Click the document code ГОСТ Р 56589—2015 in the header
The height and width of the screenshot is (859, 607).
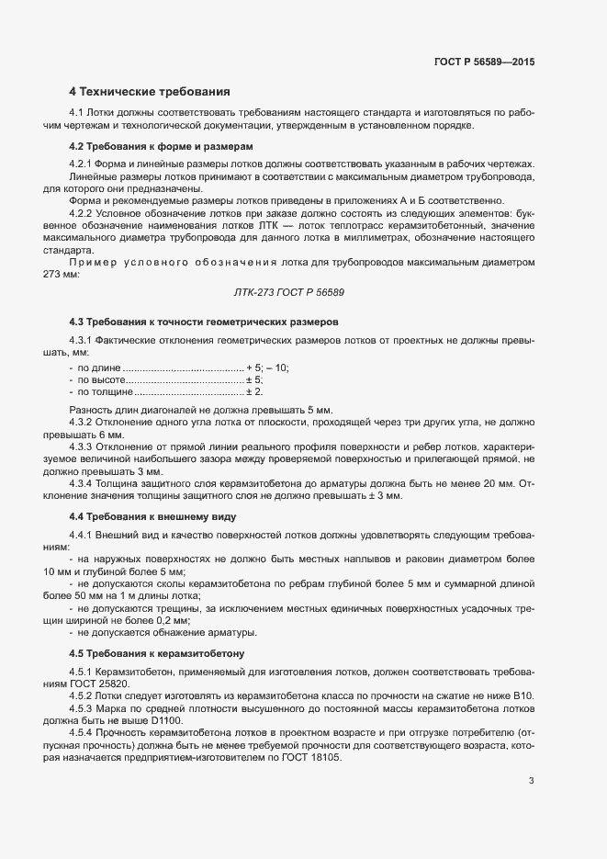click(483, 63)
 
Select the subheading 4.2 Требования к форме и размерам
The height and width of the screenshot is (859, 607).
click(161, 147)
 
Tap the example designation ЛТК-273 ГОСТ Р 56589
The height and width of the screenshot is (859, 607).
click(291, 292)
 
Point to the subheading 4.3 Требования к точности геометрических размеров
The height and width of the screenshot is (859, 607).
click(204, 322)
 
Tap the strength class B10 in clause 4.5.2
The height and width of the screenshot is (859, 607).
click(523, 696)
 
